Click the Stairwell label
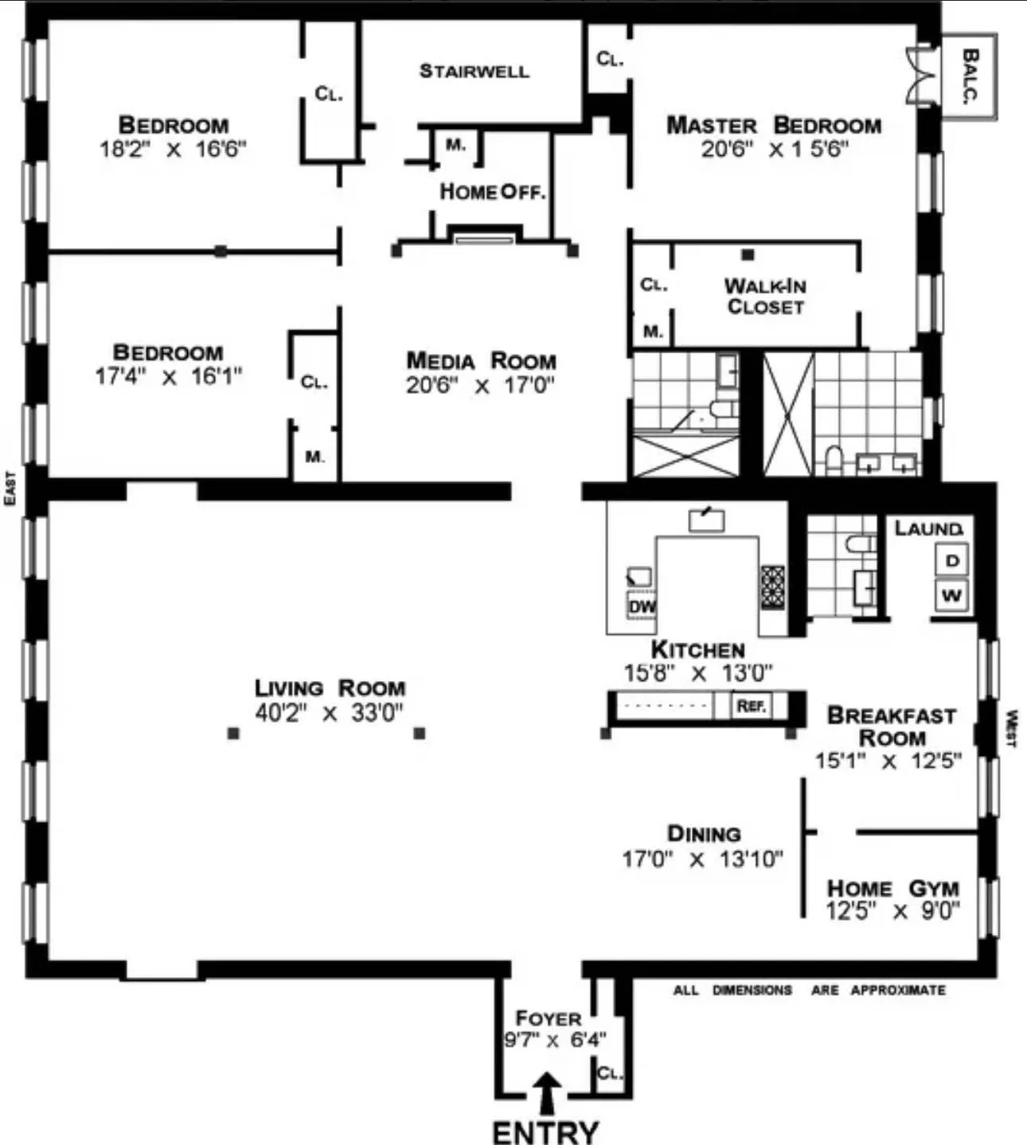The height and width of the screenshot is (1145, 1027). pos(474,71)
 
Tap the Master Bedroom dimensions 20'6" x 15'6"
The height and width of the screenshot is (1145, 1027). pos(774,149)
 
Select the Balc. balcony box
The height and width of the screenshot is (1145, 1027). pos(969,76)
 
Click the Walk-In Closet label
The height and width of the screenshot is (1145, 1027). pos(764,296)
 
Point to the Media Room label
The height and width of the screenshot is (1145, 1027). pos(481,360)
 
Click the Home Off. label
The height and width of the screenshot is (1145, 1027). pos(492,192)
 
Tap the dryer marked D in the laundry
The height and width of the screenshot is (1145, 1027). pos(952,560)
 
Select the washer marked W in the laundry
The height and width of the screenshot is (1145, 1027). pos(952,595)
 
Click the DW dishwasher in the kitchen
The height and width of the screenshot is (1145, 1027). pos(642,607)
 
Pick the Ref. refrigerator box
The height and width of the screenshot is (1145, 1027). pos(751,706)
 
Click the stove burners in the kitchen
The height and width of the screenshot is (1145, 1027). pos(772,587)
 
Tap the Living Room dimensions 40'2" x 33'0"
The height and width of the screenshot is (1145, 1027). pos(329,712)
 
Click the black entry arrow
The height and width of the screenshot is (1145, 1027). pos(546,1092)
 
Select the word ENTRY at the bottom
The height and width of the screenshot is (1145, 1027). pos(545,1131)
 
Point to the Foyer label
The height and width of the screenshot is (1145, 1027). pos(548,1018)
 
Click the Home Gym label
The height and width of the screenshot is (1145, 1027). pos(892,888)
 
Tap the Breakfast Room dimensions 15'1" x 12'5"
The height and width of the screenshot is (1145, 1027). pos(888,761)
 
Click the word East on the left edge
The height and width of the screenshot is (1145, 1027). pos(10,488)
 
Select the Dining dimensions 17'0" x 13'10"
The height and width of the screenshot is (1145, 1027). pos(702,859)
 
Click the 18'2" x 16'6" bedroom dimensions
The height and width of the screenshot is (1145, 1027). pos(173,149)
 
